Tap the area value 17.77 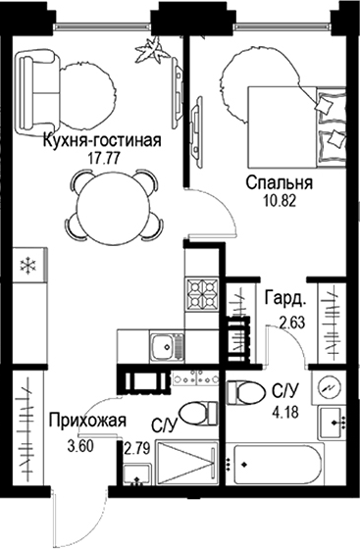click(x=101, y=157)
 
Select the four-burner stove click(x=204, y=290)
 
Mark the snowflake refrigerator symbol click(x=28, y=265)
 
